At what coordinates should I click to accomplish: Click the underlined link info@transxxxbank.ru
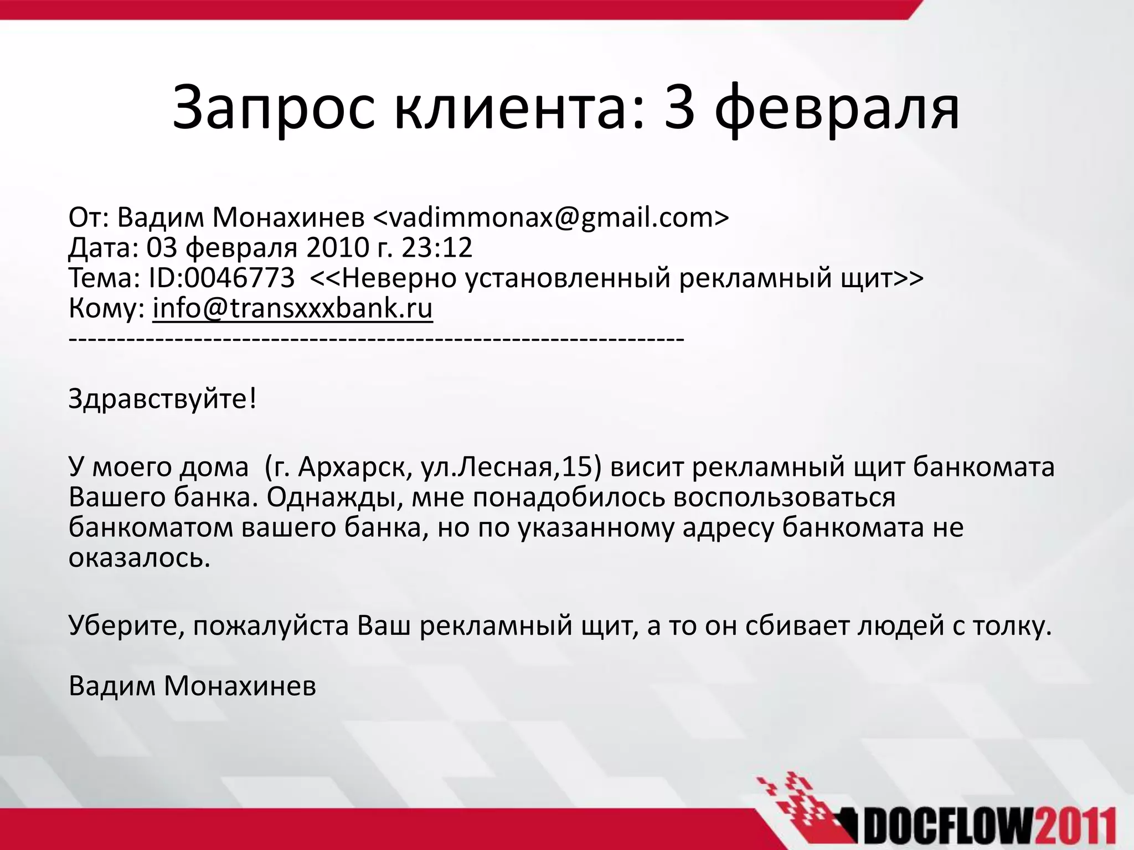(292, 309)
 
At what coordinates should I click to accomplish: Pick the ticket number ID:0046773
(221, 278)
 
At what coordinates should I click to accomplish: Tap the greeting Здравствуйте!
(163, 398)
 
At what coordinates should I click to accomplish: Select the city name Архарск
(354, 467)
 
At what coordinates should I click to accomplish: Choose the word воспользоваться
(784, 497)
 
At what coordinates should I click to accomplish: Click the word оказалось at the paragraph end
(140, 558)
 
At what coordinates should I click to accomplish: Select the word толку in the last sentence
(1008, 626)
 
